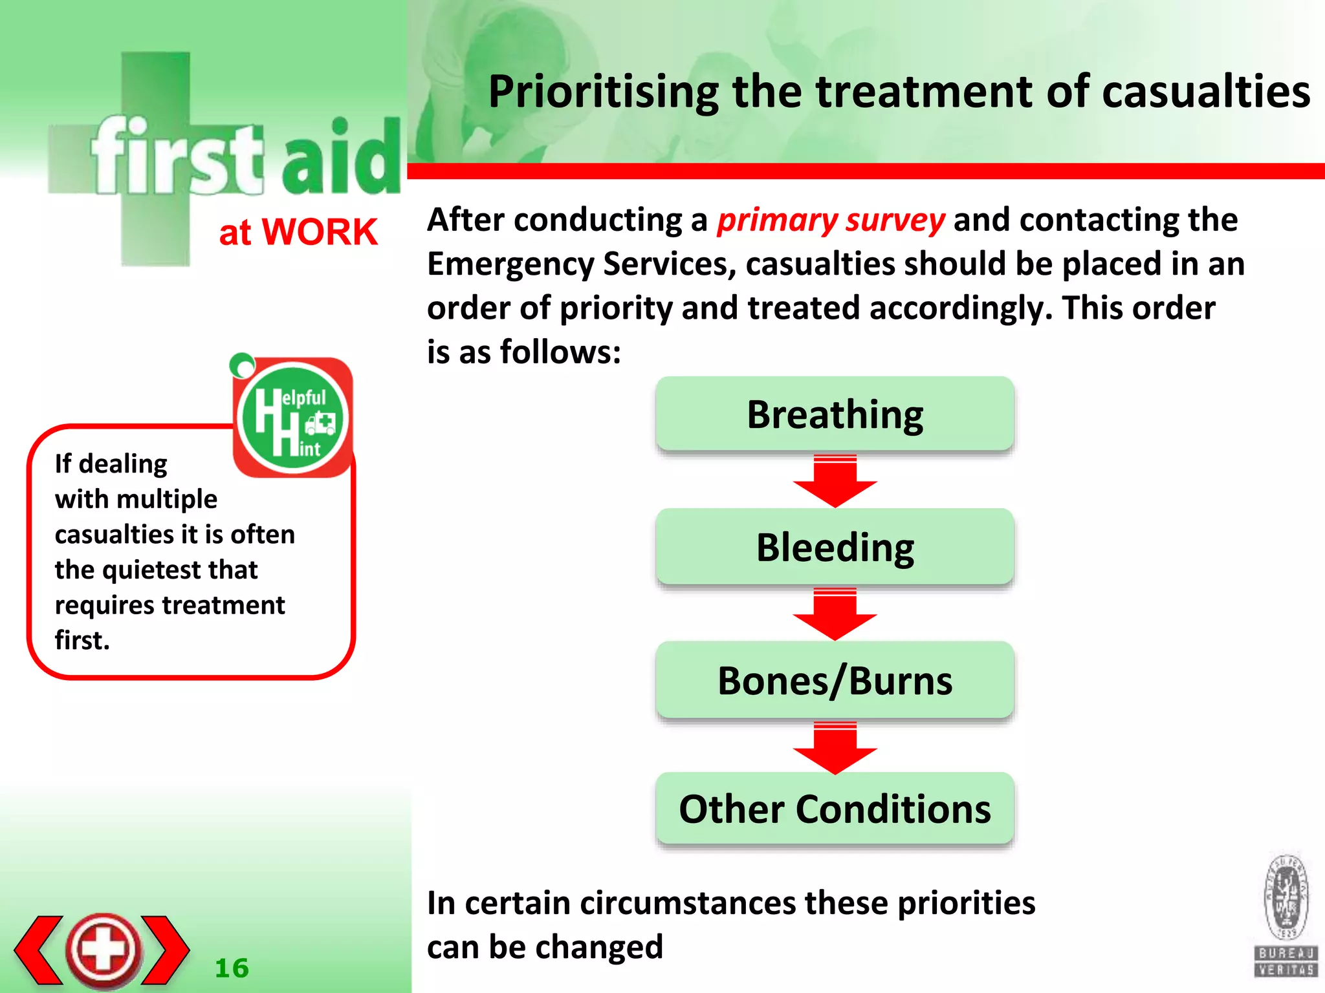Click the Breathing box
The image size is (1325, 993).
click(835, 414)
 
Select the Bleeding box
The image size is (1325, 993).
click(835, 547)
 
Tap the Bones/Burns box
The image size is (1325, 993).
click(835, 680)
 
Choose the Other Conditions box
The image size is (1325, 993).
click(835, 809)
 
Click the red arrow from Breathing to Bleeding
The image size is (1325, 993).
click(835, 482)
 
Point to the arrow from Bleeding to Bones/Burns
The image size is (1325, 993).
click(835, 615)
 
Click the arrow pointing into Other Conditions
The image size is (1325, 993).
click(835, 749)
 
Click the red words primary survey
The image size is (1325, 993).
click(831, 220)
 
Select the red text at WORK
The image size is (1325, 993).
click(298, 232)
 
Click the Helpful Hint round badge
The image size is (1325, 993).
click(293, 418)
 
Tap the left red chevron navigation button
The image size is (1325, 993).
click(39, 950)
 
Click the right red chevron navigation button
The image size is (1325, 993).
click(166, 950)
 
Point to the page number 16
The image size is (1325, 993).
click(232, 968)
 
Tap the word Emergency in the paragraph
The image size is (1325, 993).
click(510, 264)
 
